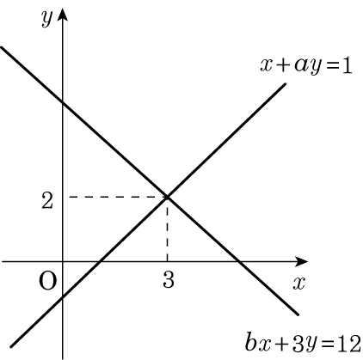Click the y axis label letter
pos(46,19)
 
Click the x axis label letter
pos(298,284)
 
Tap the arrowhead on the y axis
pos(63,15)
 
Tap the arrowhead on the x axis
pos(301,261)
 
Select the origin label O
pos(47,281)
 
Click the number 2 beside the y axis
pos(47,200)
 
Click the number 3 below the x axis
pos(169,279)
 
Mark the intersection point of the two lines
pos(167,197)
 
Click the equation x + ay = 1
pos(306,66)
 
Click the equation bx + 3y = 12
pos(303,343)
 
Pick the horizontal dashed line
pos(118,197)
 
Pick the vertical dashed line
pos(167,229)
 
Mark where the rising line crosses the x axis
pos(100,261)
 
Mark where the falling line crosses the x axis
pos(239,261)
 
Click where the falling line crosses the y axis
pos(63,101)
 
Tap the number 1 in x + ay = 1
pos(347,66)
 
